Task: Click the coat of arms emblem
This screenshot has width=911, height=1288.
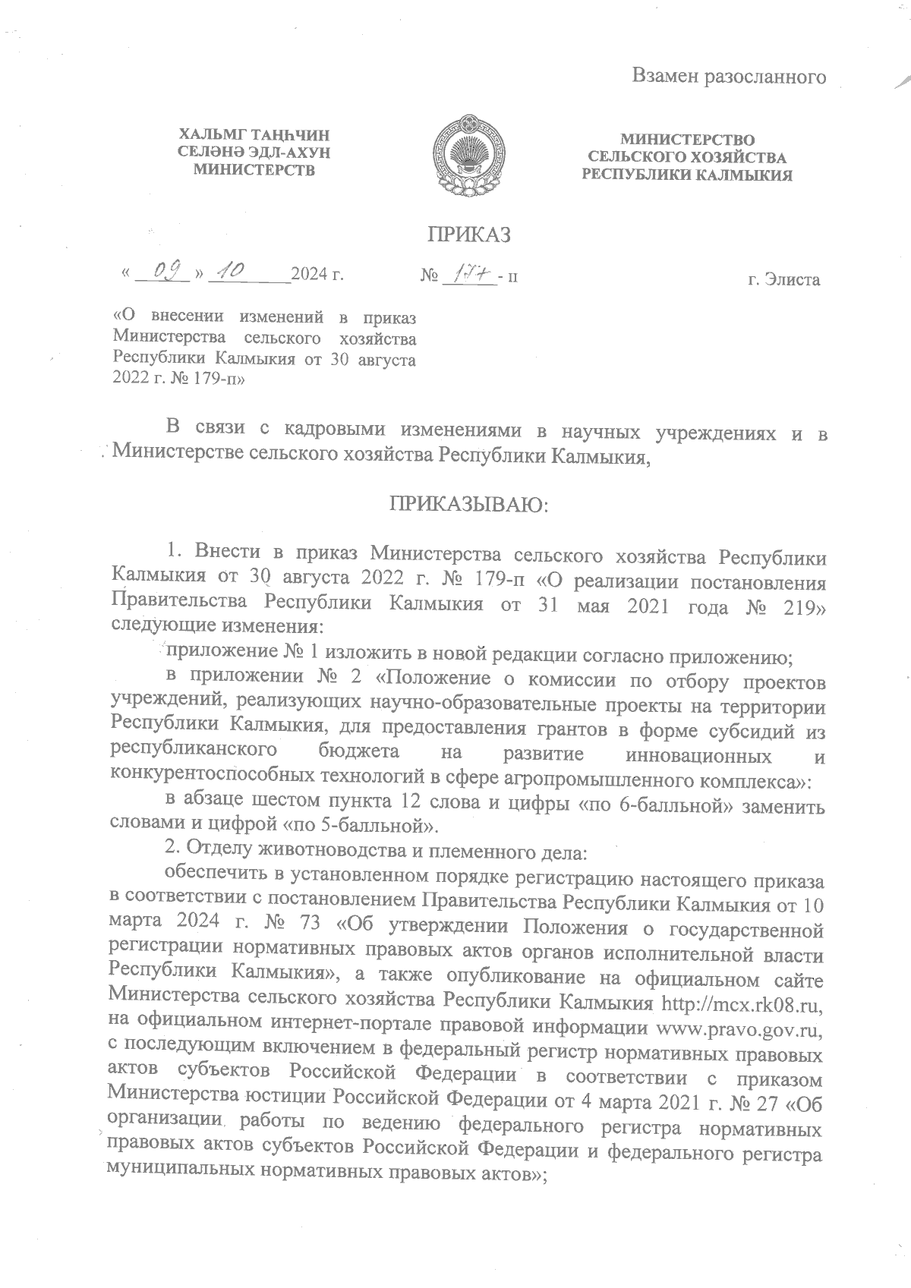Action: (x=466, y=155)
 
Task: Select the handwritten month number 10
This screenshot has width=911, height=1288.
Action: (x=225, y=270)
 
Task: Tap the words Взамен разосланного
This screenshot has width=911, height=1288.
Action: (x=729, y=77)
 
